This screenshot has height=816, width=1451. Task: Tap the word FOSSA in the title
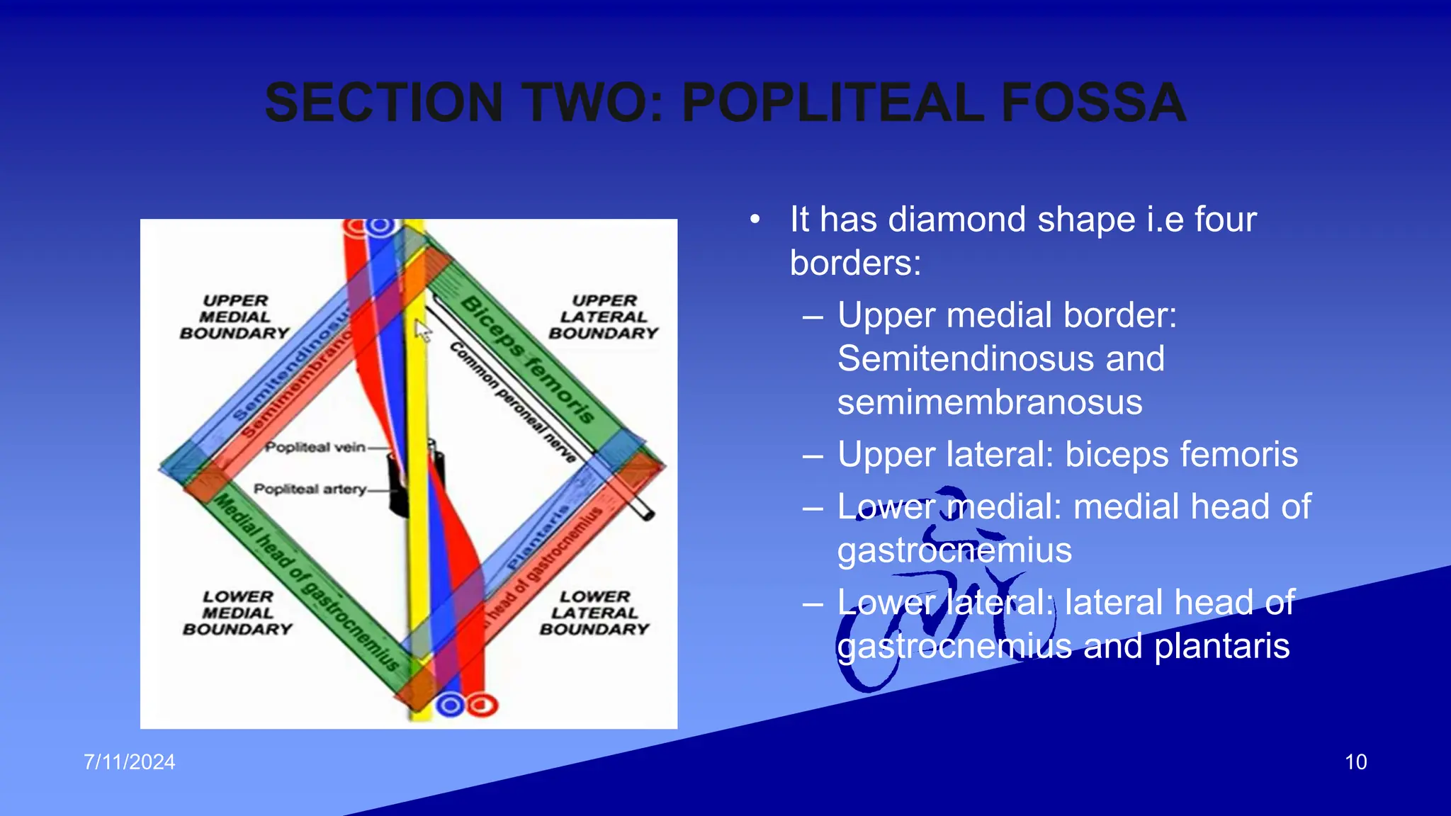(1093, 103)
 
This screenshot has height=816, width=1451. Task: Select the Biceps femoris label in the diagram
(528, 360)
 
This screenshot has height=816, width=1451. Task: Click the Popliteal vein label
(315, 448)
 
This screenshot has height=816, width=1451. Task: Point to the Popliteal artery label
(310, 489)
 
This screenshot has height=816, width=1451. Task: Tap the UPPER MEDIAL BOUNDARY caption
(235, 317)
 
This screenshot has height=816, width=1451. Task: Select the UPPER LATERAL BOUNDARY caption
(604, 317)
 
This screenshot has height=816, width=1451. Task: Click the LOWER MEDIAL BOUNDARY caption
(237, 613)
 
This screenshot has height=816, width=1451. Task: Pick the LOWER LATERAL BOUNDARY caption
(594, 613)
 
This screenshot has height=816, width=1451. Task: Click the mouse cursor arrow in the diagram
(422, 330)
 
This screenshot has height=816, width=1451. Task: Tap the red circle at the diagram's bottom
(484, 705)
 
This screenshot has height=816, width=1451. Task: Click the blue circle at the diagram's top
(380, 226)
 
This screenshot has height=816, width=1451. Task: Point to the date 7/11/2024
(130, 762)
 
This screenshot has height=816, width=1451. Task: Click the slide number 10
(1355, 762)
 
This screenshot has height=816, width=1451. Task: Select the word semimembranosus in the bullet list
(990, 402)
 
